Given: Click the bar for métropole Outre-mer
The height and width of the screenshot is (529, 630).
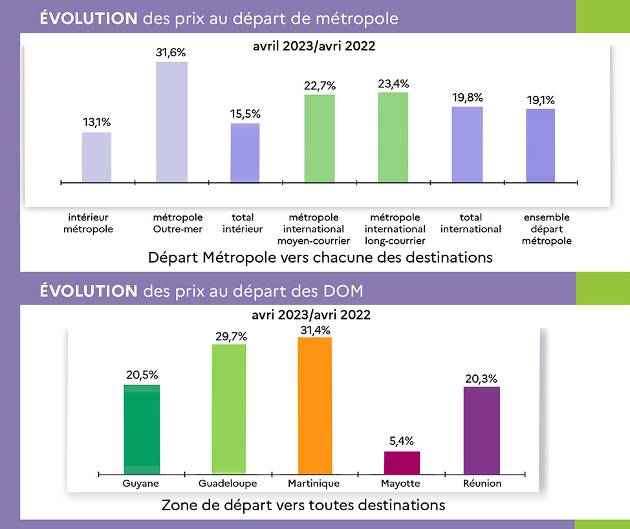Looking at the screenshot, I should [x=171, y=122].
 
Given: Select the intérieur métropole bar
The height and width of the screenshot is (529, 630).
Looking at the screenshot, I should [x=96, y=157].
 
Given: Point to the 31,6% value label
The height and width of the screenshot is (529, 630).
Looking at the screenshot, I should [x=171, y=52].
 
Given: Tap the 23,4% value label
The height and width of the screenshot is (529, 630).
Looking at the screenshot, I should [x=393, y=83].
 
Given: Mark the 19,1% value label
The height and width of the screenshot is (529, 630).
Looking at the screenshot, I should [x=540, y=100].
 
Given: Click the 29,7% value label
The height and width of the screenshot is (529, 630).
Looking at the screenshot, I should [x=229, y=336].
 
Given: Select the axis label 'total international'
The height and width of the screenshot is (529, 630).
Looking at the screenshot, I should [x=471, y=223].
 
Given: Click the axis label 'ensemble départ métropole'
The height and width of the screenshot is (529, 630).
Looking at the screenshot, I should [x=547, y=229].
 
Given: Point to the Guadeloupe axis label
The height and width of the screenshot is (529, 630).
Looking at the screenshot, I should [x=228, y=484].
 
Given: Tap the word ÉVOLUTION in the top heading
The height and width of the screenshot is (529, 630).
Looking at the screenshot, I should [x=88, y=18].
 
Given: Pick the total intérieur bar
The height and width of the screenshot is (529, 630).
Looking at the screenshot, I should [x=245, y=153].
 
